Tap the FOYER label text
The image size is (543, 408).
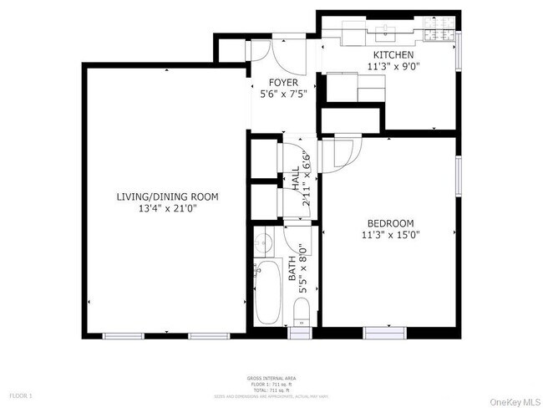tap(283, 83)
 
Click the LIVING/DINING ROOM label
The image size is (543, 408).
tap(166, 197)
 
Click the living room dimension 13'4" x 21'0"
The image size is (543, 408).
tap(166, 209)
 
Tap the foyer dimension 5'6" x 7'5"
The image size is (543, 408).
tap(283, 94)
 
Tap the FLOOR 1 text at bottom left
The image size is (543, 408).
tap(20, 395)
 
